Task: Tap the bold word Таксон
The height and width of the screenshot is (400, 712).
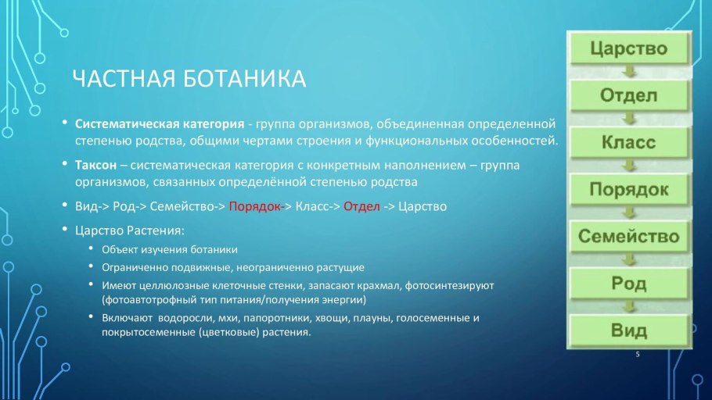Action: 96,166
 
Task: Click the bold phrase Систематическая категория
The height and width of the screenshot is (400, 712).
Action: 159,123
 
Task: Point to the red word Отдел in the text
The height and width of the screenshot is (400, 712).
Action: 361,207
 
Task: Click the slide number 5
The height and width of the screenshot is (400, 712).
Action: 638,355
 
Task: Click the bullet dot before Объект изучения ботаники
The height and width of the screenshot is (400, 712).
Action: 92,249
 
